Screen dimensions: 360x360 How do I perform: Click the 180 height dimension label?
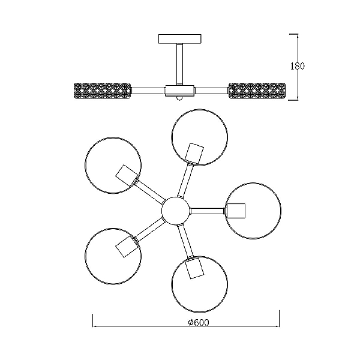tap(298, 66)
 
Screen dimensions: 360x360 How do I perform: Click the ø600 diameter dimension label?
tap(199, 322)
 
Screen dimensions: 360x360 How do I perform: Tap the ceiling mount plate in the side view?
tap(180, 39)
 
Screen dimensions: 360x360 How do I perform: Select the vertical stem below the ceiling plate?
tap(180, 64)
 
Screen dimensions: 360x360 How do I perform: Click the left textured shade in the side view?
tap(103, 91)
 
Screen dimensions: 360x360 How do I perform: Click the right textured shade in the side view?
tap(257, 91)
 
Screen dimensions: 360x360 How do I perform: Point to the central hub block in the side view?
tap(179, 91)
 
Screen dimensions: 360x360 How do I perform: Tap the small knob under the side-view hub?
tap(179, 98)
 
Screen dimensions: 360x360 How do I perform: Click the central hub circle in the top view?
tap(176, 211)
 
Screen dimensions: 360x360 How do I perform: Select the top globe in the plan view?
tap(200, 137)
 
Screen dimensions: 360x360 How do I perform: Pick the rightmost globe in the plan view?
tap(253, 211)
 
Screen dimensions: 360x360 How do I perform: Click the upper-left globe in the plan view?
tap(113, 166)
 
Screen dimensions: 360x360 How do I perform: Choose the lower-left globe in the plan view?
tap(113, 256)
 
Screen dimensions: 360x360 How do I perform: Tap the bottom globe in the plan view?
tap(200, 284)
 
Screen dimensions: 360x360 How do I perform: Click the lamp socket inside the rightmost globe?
tap(236, 211)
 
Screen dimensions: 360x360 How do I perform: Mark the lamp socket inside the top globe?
tap(194, 154)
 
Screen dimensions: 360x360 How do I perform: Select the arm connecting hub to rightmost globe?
tap(208, 211)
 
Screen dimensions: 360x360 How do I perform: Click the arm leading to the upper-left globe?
tap(149, 191)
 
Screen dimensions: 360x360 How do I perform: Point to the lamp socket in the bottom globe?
tap(194, 268)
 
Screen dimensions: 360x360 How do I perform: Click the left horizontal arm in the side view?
tap(148, 91)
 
